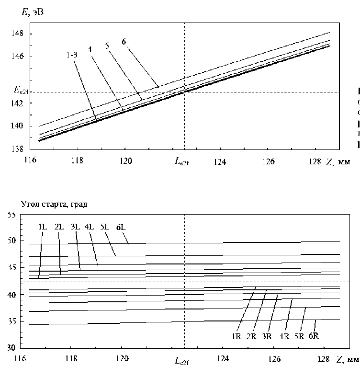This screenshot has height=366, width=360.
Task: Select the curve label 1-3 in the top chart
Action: pyautogui.click(x=73, y=55)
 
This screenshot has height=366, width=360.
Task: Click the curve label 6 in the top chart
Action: pyautogui.click(x=124, y=41)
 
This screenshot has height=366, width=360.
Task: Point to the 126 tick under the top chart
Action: pyautogui.click(x=269, y=162)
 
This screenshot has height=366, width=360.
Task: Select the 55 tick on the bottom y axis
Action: pyautogui.click(x=24, y=216)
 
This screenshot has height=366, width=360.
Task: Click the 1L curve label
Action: pyautogui.click(x=43, y=227)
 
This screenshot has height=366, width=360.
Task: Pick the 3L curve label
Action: pyautogui.click(x=75, y=227)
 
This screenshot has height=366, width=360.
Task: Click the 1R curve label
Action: pyautogui.click(x=237, y=336)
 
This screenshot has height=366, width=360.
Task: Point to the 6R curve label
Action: pyautogui.click(x=314, y=336)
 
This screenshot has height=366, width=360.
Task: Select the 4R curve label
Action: pyautogui.click(x=284, y=336)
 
